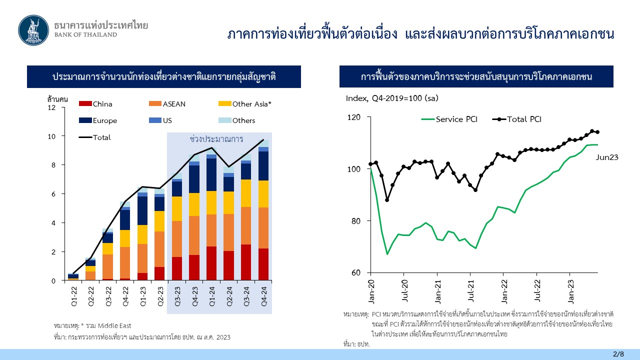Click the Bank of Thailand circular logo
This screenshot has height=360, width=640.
click(33, 30)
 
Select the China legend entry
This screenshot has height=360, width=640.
click(95, 104)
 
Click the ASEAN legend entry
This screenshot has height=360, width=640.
click(167, 104)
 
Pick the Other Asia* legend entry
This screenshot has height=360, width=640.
click(245, 104)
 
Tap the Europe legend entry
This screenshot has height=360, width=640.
click(98, 120)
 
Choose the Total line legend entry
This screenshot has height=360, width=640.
click(94, 137)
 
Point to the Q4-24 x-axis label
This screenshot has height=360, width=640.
click(264, 296)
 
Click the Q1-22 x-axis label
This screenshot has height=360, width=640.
click(73, 296)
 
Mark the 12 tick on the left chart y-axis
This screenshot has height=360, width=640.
click(51, 107)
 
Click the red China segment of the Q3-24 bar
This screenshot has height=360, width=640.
click(246, 262)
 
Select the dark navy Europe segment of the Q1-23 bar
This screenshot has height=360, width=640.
click(142, 210)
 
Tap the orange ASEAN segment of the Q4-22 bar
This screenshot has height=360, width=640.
click(125, 262)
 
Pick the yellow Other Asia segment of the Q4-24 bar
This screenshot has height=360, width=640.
click(263, 194)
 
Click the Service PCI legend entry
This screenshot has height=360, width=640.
click(449, 119)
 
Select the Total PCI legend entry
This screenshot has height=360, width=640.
click(517, 119)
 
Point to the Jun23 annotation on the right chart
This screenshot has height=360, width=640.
click(607, 157)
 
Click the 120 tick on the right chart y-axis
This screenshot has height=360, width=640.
click(353, 117)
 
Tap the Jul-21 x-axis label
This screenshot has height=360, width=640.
click(470, 291)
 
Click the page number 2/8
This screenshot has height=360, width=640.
click(618, 354)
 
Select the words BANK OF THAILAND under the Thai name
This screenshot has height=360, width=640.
click(85, 35)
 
